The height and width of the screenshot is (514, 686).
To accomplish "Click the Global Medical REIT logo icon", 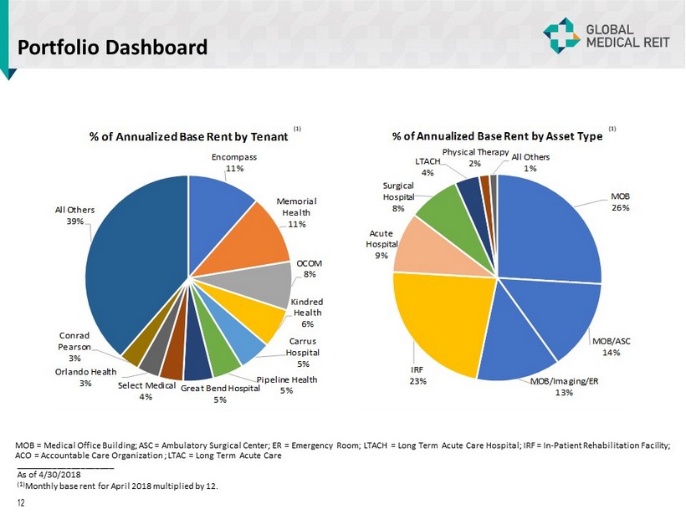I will coord(561,35).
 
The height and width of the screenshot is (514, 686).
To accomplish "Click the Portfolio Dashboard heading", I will coord(113,47).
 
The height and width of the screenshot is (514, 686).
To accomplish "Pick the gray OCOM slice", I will coord(269,283).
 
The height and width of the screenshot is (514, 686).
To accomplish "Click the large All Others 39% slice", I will coord(134,267).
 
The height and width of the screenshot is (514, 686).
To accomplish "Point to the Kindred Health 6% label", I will coord(306,313).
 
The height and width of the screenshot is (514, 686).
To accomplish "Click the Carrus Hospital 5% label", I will coord(303,352).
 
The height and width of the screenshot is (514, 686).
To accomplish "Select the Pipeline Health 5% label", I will coord(286,385).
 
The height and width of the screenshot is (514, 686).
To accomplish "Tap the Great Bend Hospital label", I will coord(219,393).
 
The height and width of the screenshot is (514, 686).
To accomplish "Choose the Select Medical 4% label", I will coord(146,390).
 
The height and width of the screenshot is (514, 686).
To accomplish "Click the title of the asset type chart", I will coord(497,137).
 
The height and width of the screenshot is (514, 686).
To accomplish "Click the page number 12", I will coord(21,502).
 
